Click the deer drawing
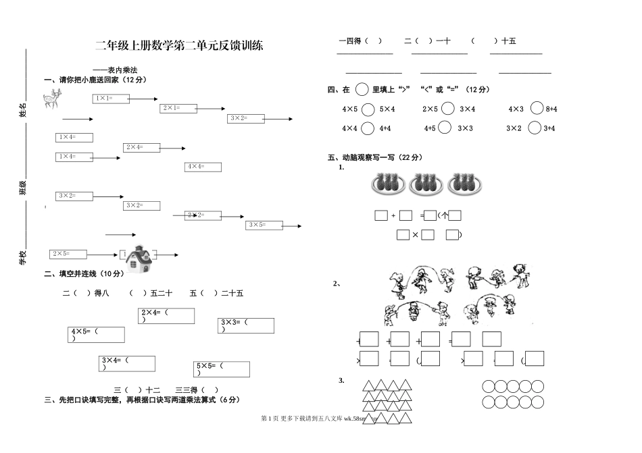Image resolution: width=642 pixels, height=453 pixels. point(51,100)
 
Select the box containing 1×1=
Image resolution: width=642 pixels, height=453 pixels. point(111,99)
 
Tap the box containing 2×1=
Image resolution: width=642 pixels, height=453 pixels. point(179,108)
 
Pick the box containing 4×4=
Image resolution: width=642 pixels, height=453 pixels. point(203,167)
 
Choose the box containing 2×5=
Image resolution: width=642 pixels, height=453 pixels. point(69,254)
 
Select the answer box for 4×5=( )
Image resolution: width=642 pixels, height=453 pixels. point(97,335)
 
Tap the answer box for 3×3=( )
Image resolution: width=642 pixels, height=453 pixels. point(246,325)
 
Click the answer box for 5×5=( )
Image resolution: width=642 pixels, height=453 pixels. point(222,369)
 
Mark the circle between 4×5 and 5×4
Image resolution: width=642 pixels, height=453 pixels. point(368,109)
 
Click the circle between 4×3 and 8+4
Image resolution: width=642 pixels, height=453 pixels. point(537,108)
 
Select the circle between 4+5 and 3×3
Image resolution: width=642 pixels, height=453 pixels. point(445,128)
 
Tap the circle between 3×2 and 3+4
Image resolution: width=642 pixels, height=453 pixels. point(534,128)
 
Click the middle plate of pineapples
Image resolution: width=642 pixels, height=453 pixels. point(426,183)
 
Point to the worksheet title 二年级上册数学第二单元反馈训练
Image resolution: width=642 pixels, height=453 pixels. point(179,46)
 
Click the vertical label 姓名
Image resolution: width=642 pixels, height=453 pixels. point(23,110)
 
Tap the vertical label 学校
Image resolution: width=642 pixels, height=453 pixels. point(23,257)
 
